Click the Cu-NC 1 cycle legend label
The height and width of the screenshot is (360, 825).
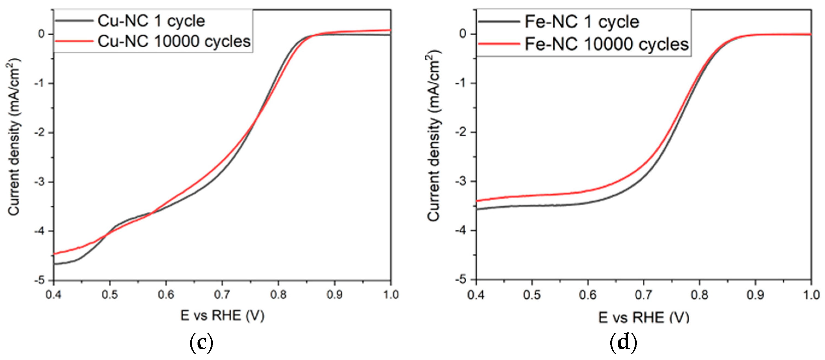coord(151,21)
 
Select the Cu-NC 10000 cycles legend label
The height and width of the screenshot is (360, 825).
coord(174,41)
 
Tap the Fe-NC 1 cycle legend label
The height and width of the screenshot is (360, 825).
coord(582,22)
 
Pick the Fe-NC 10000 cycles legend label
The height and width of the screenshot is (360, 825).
coord(606,44)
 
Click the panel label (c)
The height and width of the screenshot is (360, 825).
coord(201,343)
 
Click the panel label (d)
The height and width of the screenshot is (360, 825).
coord(623,343)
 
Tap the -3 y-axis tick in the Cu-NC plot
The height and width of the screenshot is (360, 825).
coord(41,182)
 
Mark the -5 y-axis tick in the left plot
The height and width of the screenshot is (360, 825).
coord(41,280)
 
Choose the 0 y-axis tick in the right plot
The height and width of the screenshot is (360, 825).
coord(463,34)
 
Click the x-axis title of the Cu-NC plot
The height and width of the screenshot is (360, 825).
coord(222,316)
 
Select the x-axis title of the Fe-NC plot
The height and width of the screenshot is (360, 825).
coord(644,317)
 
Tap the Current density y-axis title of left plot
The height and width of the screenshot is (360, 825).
coord(14,137)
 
